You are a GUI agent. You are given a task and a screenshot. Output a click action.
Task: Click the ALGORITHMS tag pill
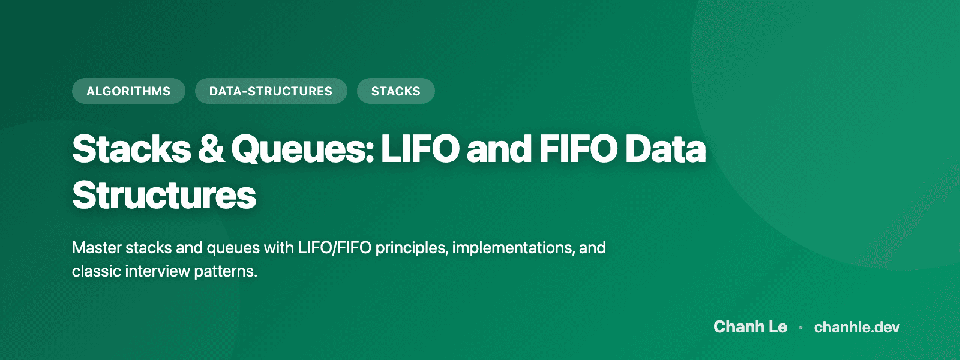[128, 91]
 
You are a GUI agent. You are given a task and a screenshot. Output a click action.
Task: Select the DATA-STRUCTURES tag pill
[271, 91]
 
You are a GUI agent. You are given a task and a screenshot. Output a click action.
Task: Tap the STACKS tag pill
[395, 91]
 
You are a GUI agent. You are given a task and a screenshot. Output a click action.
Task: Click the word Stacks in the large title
[131, 149]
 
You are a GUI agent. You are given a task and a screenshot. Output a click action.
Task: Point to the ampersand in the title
[211, 149]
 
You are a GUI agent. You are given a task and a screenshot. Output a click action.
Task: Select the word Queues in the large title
[302, 149]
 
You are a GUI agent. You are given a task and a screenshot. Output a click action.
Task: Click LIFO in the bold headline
[420, 149]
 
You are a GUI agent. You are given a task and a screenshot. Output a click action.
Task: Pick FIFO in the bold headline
[578, 149]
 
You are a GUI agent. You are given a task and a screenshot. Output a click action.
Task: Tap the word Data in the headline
[665, 149]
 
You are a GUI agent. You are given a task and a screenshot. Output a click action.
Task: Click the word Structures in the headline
[164, 195]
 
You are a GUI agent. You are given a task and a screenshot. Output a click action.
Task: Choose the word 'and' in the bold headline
[499, 149]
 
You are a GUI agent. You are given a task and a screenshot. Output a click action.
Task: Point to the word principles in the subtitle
[411, 248]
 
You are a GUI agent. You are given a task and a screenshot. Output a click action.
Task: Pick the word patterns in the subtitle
[226, 271]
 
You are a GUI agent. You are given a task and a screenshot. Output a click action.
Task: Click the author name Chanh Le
[750, 327]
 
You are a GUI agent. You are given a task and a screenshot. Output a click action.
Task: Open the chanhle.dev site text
[857, 327]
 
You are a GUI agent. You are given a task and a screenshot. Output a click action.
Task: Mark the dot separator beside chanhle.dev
[800, 328]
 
